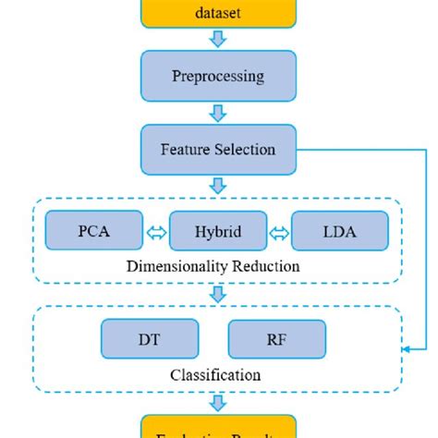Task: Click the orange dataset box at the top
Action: click(219, 12)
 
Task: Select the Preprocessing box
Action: click(219, 76)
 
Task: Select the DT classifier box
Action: click(150, 339)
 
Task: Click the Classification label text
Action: click(215, 375)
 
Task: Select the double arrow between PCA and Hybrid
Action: click(156, 232)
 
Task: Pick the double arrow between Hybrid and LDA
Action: click(279, 232)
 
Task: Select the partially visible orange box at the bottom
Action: click(219, 428)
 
